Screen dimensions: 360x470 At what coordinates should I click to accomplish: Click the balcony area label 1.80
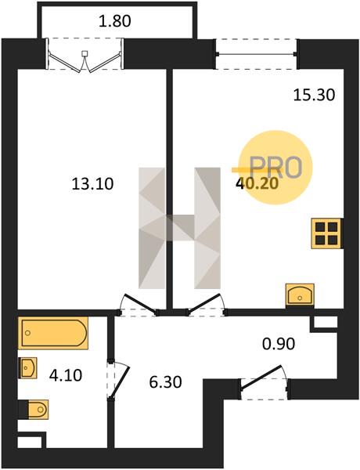tap(115, 22)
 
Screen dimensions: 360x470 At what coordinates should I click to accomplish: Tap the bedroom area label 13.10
tap(92, 184)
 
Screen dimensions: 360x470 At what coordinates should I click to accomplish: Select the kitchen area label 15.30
tap(314, 96)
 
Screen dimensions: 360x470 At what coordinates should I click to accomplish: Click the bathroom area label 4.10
tap(66, 375)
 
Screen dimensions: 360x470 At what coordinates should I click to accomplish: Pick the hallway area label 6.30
tap(166, 382)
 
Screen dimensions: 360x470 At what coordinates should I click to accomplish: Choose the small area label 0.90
tap(279, 344)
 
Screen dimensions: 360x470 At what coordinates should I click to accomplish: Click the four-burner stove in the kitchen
tap(326, 233)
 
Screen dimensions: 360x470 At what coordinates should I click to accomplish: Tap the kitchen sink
tap(300, 295)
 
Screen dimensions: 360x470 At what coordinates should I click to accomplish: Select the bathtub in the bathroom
tap(53, 333)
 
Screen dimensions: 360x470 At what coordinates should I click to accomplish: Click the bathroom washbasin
tap(28, 368)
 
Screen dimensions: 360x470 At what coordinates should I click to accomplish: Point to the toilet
tap(34, 410)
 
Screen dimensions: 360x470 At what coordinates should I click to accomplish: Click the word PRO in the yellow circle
tap(275, 168)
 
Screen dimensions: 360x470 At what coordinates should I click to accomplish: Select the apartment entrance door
tap(264, 381)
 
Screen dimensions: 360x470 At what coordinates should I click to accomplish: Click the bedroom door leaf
tap(140, 304)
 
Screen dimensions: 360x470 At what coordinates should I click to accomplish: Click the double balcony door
tap(85, 61)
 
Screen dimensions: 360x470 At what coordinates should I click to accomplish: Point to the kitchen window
tap(257, 54)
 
